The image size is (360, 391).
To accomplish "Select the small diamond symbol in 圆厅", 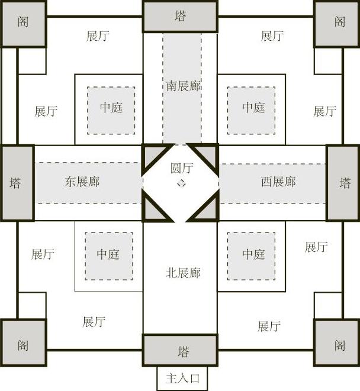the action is (182, 183).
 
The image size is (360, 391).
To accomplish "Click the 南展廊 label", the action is (183, 86).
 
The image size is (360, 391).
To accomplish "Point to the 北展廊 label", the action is (183, 273).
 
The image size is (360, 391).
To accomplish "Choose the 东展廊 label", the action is (82, 182).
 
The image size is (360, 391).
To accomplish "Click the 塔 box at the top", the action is (180, 16).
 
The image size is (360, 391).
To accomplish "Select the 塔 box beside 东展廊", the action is (17, 183).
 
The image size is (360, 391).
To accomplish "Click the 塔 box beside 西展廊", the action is (343, 183).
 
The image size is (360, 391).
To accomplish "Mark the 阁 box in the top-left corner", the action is (23, 23).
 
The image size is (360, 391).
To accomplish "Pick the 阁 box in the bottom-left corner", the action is (23, 343).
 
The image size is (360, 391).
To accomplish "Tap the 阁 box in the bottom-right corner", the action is (337, 343).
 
